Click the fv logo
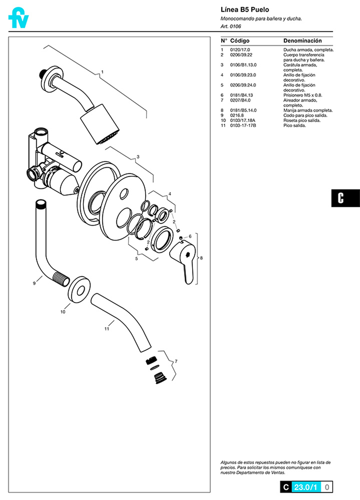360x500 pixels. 18,18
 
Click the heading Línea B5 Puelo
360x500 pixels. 245,10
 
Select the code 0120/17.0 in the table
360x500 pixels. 240,50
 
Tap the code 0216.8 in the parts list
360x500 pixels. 237,115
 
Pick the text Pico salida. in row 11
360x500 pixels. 295,125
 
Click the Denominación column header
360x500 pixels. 302,41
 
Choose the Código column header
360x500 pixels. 240,41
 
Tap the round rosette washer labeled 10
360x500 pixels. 79,290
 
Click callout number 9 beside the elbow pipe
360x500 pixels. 34,283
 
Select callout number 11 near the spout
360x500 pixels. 107,329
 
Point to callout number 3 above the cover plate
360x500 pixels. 138,157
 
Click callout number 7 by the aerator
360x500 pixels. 176,361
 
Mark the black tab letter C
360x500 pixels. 341,198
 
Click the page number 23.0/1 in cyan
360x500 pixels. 306,487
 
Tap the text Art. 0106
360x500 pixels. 231,26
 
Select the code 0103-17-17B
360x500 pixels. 243,125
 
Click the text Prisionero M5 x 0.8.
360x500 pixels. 303,95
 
